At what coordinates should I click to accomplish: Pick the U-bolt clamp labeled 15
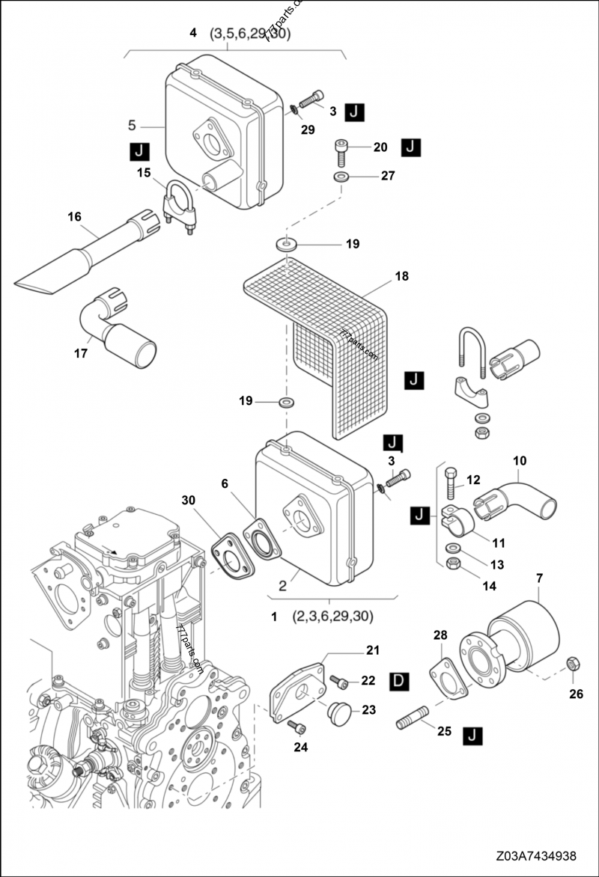[179, 207]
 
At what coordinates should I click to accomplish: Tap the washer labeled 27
[341, 177]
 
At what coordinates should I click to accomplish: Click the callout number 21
[373, 650]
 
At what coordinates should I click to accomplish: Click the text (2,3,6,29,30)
[333, 617]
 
